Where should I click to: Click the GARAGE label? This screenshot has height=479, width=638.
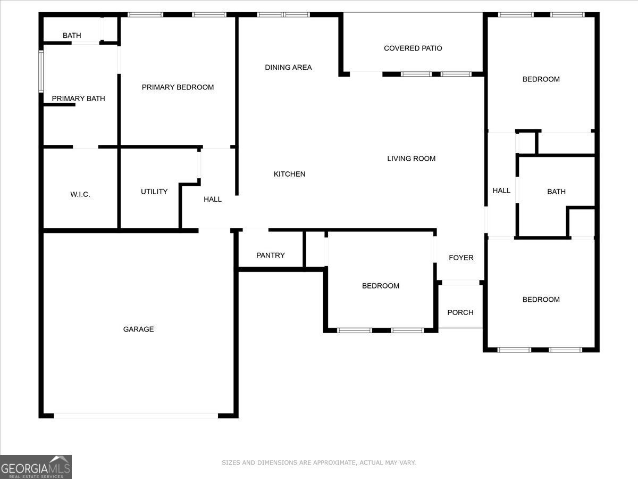coord(138,329)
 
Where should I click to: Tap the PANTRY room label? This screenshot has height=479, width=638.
coord(271,255)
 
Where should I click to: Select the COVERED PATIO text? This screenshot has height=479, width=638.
coord(413,48)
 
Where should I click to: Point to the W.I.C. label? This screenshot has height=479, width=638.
coord(80,195)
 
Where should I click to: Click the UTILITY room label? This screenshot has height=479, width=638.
coord(154,192)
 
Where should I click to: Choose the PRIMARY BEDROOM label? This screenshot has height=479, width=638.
coord(178,87)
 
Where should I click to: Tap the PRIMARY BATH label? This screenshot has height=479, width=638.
coord(78,98)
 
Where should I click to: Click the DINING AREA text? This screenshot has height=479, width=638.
coord(288,68)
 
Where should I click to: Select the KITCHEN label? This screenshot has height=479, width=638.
coord(289,174)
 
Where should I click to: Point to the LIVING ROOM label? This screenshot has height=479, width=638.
coord(411,159)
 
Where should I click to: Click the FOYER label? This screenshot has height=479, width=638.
coord(461,258)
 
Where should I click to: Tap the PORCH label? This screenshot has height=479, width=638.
coord(460,312)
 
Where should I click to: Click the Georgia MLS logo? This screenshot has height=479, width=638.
coord(36,467)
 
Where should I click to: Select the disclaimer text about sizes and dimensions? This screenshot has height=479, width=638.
coord(318,463)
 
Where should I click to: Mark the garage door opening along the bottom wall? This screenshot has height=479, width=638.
coord(136,416)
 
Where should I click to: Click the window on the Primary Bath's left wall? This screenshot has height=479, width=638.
coord(41,72)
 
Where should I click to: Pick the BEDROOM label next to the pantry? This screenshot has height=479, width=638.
coord(381,286)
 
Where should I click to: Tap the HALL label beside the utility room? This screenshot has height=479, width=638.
coord(213,200)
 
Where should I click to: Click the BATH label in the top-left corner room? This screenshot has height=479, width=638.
coord(72,36)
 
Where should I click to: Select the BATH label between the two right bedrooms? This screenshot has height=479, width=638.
coord(556,192)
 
